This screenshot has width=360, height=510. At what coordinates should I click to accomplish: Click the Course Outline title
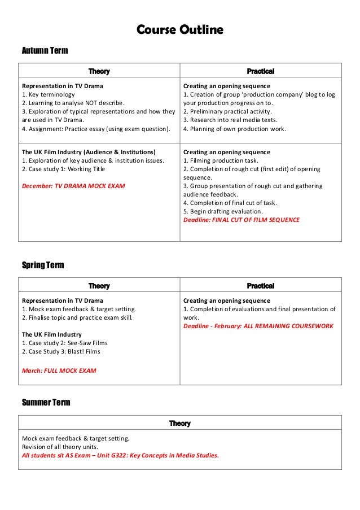[x=181, y=29]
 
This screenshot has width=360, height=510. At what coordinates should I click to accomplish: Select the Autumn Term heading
[x=45, y=51]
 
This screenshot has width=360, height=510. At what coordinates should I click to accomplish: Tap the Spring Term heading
[x=43, y=265]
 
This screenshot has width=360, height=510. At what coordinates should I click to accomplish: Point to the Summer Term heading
[x=46, y=402]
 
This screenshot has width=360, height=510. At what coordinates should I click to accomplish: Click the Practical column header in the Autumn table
[x=261, y=71]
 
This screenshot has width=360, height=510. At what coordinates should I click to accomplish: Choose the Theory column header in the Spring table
[x=99, y=286]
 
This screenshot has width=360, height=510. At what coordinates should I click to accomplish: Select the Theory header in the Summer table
[x=180, y=423]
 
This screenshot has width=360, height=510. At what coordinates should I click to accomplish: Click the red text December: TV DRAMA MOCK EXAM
[x=73, y=185]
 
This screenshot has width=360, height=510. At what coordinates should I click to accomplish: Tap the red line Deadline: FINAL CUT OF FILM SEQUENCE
[x=242, y=220]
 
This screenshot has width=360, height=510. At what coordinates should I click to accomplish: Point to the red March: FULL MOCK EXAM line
[x=59, y=370]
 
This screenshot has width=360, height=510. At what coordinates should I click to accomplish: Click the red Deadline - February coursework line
[x=258, y=326]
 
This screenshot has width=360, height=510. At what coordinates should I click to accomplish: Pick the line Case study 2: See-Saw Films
[x=64, y=343]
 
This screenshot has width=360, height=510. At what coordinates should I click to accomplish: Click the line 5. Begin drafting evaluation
[x=223, y=211]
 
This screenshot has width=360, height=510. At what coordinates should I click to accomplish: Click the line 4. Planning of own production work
[x=235, y=128]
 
